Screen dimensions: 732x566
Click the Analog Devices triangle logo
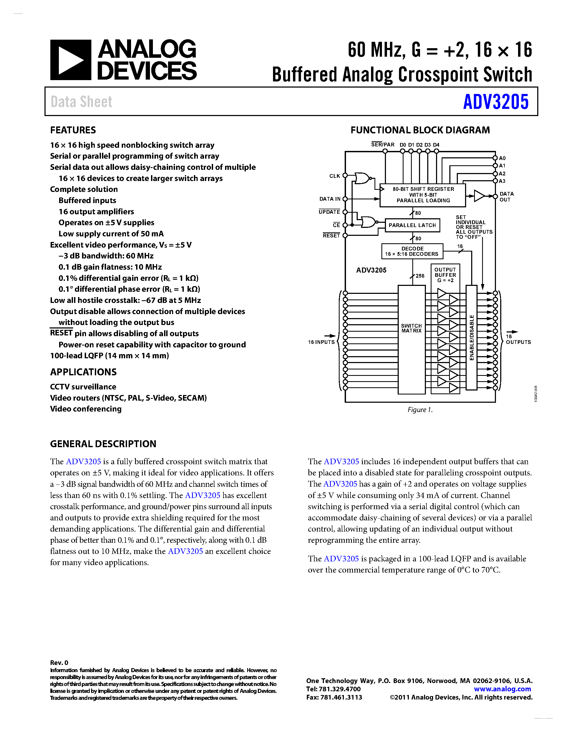pos(70,60)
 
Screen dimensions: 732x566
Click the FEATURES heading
pos(73,130)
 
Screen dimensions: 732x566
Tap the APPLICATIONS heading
pos(83,372)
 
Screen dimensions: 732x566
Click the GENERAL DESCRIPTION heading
pos(103,444)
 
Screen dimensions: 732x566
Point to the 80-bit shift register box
pos(422,195)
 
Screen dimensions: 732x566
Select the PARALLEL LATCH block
pos(412,225)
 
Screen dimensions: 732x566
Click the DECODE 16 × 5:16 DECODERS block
pos(412,251)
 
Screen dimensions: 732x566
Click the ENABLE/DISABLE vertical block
pos(471,338)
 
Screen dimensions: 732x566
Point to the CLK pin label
pos(334,176)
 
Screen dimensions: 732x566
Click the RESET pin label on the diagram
pos(331,236)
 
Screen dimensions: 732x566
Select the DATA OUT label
pos(506,197)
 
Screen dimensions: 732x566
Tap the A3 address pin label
pos(502,181)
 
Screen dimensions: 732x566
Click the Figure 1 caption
pos(420,410)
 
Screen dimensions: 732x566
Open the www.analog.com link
pos(502,689)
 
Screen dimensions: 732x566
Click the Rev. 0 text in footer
pos(59,663)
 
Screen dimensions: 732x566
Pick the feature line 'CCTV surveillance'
pos(83,387)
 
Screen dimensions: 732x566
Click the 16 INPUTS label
pos(321,342)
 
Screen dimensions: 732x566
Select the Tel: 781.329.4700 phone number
pos(333,689)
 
